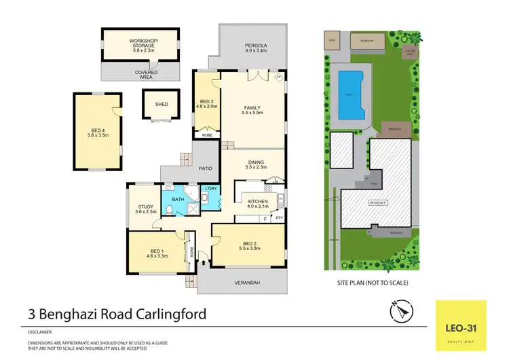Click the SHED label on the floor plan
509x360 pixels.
(x=161, y=105)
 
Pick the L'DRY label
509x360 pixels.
(x=210, y=190)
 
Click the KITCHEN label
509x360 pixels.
(x=258, y=202)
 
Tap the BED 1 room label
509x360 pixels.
(x=157, y=253)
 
